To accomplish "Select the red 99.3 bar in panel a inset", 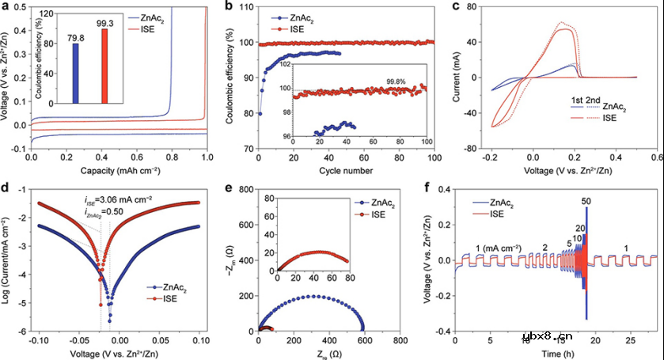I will click(x=104, y=66).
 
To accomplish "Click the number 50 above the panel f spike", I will click(x=586, y=201).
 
